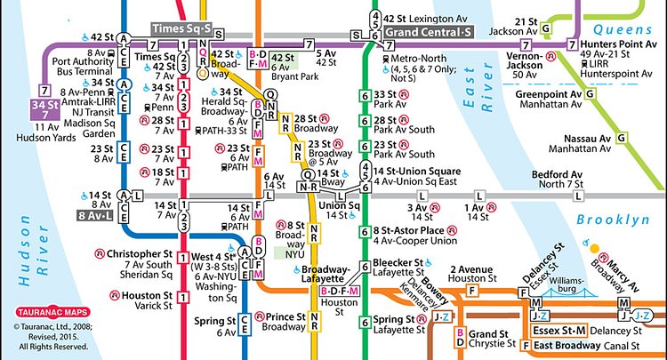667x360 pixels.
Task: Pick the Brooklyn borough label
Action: point(608,220)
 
